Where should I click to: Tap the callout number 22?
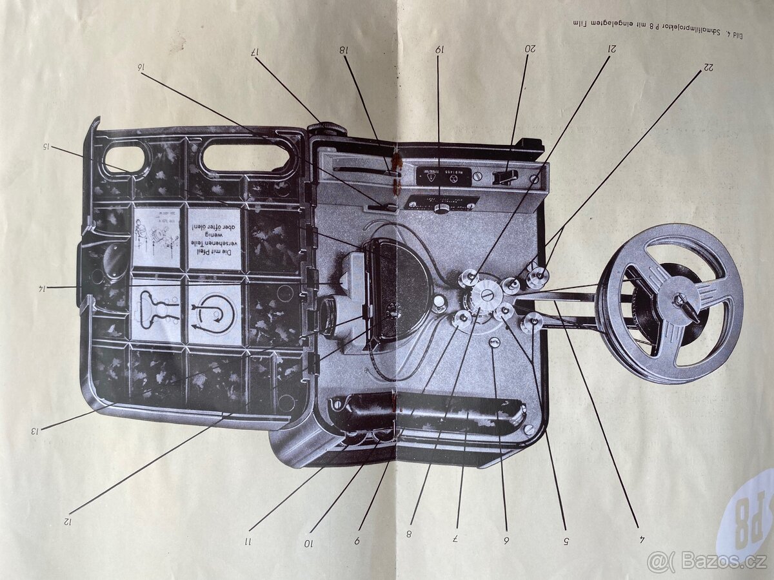(x=708, y=66)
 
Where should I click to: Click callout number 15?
(x=47, y=146)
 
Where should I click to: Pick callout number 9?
(x=357, y=541)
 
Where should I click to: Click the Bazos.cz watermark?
(x=709, y=562)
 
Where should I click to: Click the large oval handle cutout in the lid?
(x=246, y=157)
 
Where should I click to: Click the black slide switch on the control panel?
(x=506, y=176)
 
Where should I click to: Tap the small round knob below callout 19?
(x=441, y=208)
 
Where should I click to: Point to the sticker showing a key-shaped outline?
(x=155, y=313)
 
